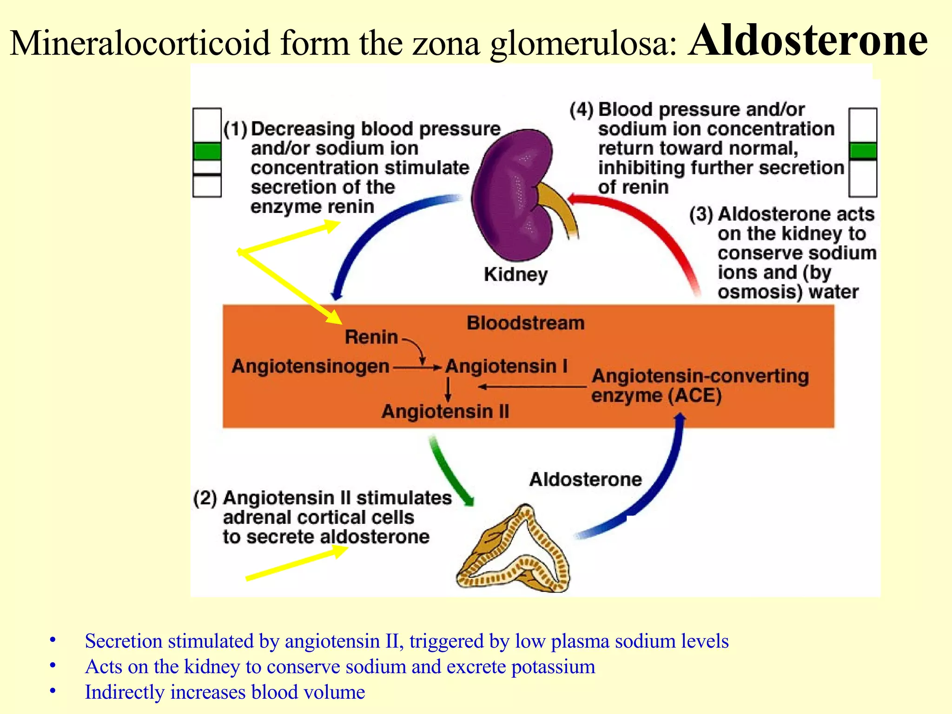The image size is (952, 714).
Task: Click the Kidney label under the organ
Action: point(516,274)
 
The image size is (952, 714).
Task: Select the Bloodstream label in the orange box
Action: point(525,323)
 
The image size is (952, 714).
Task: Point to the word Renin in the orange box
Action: point(371,337)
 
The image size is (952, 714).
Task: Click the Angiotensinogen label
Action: point(310,366)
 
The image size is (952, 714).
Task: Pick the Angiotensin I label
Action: point(507,366)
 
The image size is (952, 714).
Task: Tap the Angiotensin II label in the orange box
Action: point(445,411)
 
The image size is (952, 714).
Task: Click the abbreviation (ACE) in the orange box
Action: point(695,396)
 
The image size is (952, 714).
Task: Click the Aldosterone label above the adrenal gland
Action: point(585,479)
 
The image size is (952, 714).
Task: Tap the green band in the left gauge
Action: point(207,151)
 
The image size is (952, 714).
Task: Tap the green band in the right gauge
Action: point(863,151)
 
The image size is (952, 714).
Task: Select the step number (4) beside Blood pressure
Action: point(582,110)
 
